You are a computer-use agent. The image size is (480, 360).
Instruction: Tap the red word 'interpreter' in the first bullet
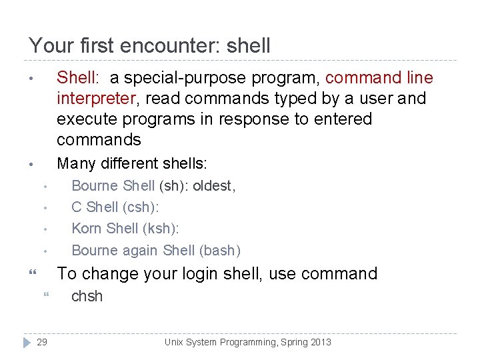coord(96,99)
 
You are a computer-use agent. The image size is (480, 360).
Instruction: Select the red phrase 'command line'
coord(379,78)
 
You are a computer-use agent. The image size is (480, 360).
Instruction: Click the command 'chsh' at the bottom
coord(87,296)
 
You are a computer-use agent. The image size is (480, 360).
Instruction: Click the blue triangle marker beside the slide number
coord(27,342)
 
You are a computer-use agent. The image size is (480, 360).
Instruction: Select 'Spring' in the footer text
coord(288,342)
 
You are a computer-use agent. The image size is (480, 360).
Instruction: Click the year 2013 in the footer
coord(319,342)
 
